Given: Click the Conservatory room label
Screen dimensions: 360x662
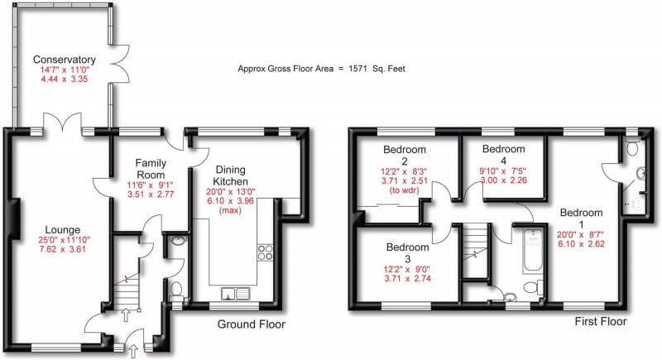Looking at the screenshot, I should click(x=65, y=60).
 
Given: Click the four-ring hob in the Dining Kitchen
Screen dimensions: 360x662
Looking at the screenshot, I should click(x=266, y=252).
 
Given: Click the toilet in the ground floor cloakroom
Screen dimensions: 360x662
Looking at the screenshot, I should click(x=176, y=289).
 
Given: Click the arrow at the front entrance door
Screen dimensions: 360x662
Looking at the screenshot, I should click(x=135, y=350).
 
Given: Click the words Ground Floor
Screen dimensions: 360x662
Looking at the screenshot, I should click(x=251, y=325).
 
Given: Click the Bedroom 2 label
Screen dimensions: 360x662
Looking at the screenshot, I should click(x=403, y=156).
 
